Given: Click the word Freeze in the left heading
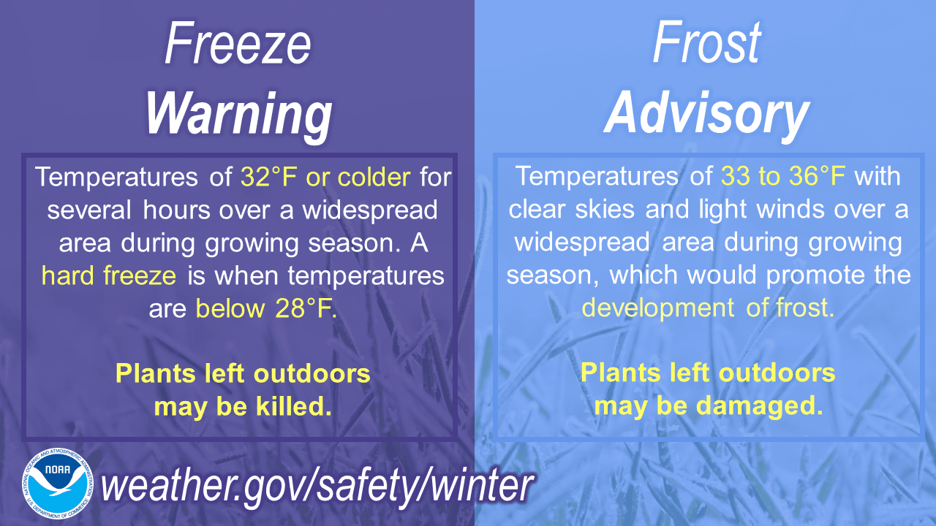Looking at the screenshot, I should coord(238,44).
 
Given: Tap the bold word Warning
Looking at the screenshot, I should coord(238,113).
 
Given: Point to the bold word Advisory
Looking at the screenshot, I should coord(706,113).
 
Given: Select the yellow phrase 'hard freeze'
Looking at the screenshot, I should coord(109,275).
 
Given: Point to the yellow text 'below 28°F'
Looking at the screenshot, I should coord(266,308).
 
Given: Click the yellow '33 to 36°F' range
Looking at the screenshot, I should coord(782,176).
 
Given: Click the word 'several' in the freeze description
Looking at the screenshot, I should coord(86,210).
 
